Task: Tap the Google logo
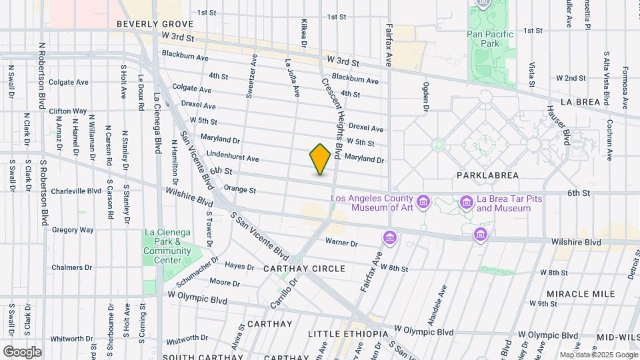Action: pyautogui.click(x=22, y=351)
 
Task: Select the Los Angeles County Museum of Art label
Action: pyautogui.click(x=373, y=203)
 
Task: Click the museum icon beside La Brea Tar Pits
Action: pyautogui.click(x=467, y=202)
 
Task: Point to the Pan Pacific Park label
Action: pyautogui.click(x=490, y=39)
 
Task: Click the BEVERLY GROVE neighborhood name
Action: pyautogui.click(x=149, y=23)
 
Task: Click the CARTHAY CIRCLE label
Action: pyautogui.click(x=304, y=269)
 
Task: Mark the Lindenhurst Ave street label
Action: pyautogui.click(x=233, y=159)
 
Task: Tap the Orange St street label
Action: pyautogui.click(x=240, y=189)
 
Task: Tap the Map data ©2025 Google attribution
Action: pyautogui.click(x=598, y=355)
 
